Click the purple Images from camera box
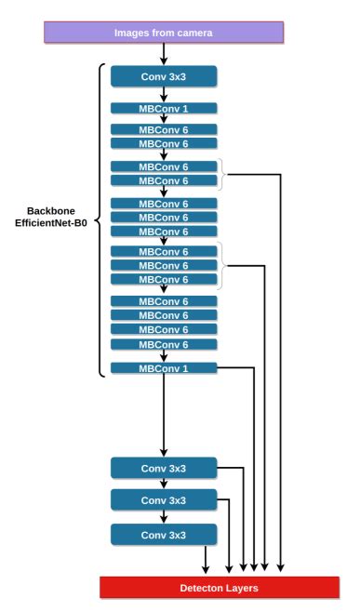point(163,32)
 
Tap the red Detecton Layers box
point(220,588)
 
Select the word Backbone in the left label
point(50,211)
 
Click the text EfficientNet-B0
point(50,225)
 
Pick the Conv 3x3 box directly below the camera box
point(163,75)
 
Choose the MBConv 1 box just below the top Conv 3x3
point(163,109)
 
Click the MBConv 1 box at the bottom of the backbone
point(163,368)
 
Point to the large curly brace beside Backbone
point(100,219)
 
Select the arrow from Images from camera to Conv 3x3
point(163,53)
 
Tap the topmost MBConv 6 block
point(163,129)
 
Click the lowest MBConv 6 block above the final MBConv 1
point(163,344)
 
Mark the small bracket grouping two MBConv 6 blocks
point(222,173)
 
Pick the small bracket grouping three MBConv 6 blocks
point(222,265)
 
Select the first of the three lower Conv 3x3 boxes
point(163,468)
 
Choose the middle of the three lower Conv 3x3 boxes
point(163,500)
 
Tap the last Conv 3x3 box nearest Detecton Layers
point(163,534)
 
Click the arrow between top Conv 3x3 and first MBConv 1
point(163,95)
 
